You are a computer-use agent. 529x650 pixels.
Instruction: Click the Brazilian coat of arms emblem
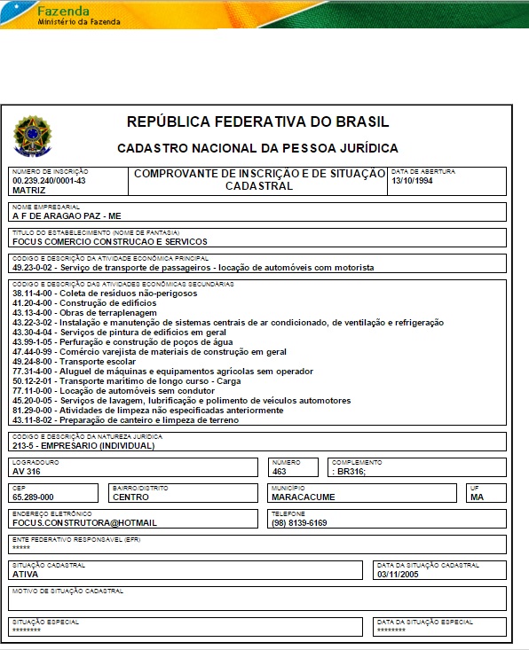pyautogui.click(x=33, y=134)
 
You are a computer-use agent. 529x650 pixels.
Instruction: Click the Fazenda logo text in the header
pyautogui.click(x=63, y=11)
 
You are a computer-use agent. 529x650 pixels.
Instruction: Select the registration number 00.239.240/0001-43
pyautogui.click(x=49, y=180)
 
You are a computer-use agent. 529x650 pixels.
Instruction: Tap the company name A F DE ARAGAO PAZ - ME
pyautogui.click(x=67, y=215)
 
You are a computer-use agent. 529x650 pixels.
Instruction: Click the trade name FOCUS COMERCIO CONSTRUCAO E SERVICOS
pyautogui.click(x=109, y=241)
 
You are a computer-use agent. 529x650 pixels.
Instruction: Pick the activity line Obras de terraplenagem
pyautogui.click(x=84, y=313)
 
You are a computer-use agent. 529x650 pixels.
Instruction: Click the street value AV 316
pyautogui.click(x=26, y=472)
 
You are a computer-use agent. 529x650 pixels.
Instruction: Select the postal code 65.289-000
pyautogui.click(x=33, y=497)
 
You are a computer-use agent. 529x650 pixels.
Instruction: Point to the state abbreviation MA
pyautogui.click(x=478, y=497)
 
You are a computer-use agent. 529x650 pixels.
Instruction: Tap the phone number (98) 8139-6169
pyautogui.click(x=299, y=523)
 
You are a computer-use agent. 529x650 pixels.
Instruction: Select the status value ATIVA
pyautogui.click(x=25, y=574)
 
